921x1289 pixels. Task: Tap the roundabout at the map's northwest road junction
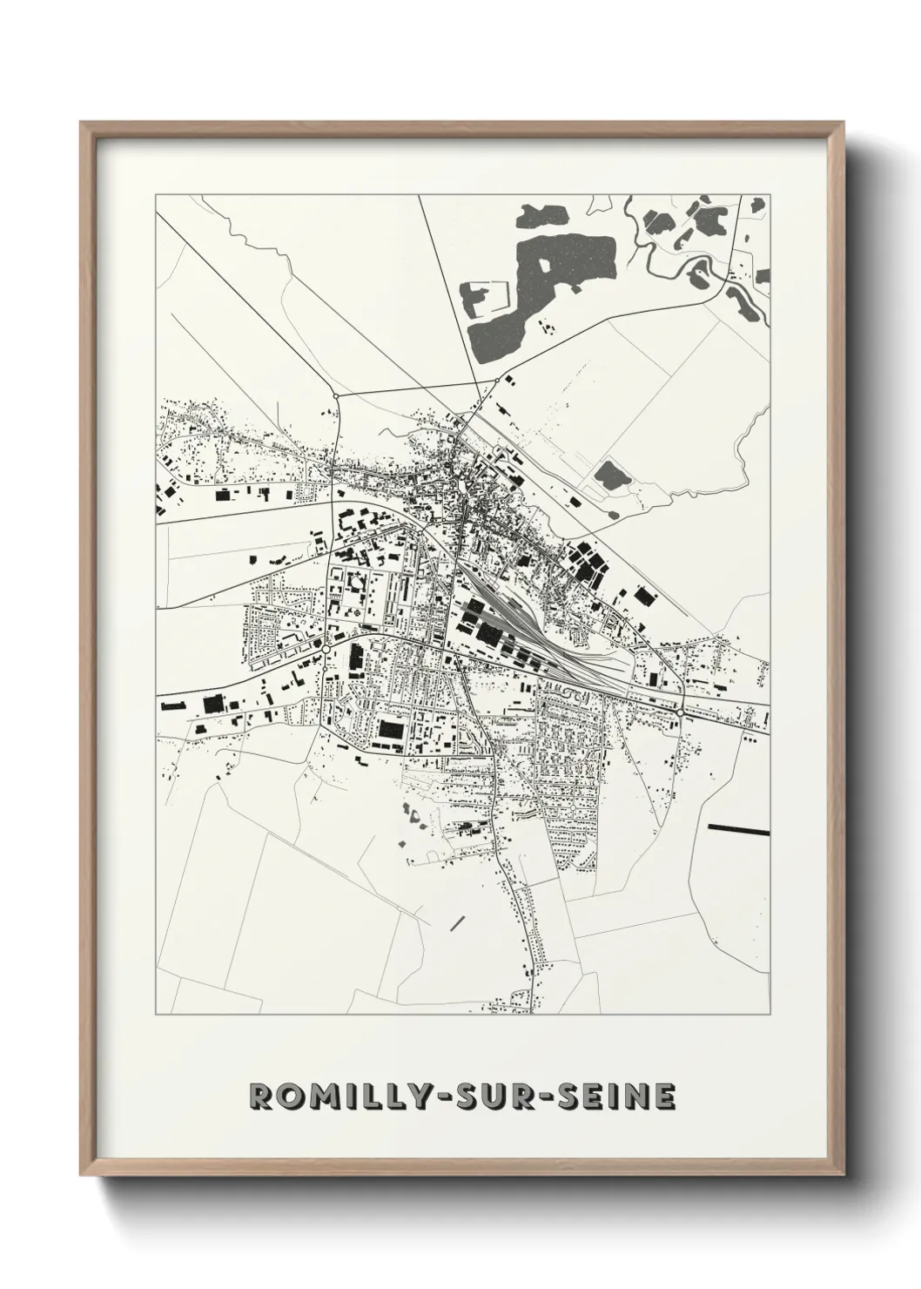click(x=336, y=397)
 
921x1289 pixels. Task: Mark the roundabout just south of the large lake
click(x=497, y=379)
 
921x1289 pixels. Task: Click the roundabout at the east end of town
click(x=678, y=712)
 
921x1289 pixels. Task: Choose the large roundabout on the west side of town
click(x=326, y=649)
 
